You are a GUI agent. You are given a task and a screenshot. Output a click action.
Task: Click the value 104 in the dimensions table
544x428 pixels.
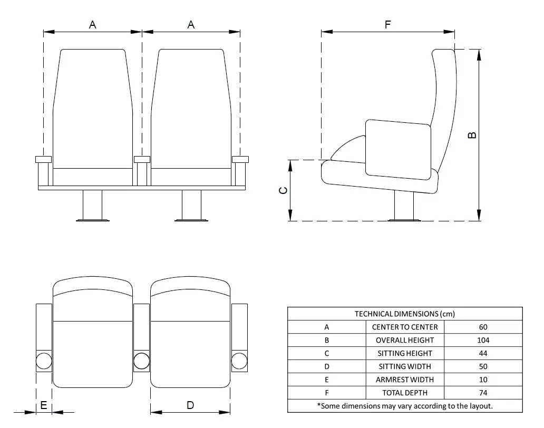click(483, 340)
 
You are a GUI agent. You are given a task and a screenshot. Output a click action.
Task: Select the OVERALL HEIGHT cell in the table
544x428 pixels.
click(405, 340)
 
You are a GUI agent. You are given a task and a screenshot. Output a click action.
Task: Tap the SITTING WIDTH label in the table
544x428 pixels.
click(405, 366)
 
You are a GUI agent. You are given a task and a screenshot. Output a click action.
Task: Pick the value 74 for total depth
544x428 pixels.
click(483, 393)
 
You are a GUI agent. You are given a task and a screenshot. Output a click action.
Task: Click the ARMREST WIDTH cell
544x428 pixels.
click(405, 380)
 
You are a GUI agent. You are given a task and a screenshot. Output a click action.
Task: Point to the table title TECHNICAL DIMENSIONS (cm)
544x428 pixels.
click(405, 314)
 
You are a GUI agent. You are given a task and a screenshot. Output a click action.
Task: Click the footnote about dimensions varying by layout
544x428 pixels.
click(405, 406)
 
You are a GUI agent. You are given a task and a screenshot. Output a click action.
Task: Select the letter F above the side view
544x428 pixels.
click(388, 24)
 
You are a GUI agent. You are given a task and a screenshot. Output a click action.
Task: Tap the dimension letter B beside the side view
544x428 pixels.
click(472, 135)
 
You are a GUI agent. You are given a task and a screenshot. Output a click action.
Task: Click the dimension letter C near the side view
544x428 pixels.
click(283, 190)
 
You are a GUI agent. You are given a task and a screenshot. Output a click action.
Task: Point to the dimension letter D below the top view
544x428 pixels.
click(190, 405)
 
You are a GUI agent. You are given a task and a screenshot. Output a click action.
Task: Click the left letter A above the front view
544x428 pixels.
click(93, 24)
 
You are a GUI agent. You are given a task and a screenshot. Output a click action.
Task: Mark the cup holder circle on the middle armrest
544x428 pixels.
click(141, 361)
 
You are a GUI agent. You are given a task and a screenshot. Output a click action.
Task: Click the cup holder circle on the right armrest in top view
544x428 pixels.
click(239, 361)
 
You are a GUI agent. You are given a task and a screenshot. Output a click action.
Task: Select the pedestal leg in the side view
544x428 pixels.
click(404, 206)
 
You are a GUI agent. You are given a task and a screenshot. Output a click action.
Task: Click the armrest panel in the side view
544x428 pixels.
click(398, 148)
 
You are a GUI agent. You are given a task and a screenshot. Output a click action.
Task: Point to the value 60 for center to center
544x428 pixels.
click(483, 327)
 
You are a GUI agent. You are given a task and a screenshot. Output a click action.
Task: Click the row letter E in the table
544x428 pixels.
click(327, 380)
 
